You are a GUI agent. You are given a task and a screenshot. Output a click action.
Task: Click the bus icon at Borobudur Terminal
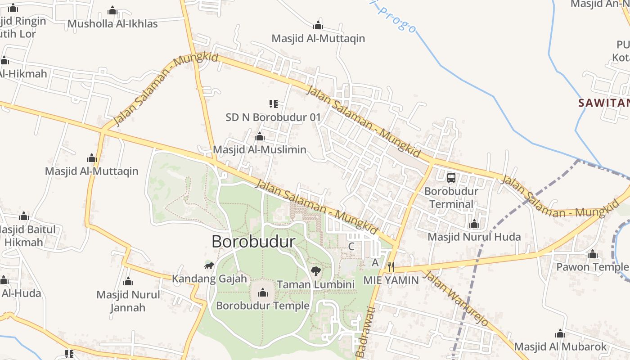pos(451,178)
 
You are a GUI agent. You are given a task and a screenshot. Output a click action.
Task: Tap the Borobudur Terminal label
pos(451,198)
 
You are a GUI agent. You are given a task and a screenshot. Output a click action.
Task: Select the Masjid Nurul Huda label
pos(474,237)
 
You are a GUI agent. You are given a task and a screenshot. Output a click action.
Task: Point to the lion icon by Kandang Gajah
pos(209,265)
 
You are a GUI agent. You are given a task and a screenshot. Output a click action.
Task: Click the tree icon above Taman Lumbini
pos(316,271)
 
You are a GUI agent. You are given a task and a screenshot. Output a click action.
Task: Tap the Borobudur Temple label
pos(263,306)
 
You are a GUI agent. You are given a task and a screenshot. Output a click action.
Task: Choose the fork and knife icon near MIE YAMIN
pos(391,267)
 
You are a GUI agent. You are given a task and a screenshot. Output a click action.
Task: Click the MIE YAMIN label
pos(391,280)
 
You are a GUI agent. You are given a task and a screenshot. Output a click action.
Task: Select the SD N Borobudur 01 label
pos(273,117)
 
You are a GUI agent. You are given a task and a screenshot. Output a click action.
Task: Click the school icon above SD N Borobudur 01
pos(273,104)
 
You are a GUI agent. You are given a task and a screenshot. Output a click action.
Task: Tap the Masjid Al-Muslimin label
pos(260,149)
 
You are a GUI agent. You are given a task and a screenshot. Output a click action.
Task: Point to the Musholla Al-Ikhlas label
pos(112,24)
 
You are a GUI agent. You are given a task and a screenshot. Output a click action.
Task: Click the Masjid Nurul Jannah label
pos(128,301)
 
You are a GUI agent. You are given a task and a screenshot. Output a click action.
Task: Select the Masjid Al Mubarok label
pos(560,347)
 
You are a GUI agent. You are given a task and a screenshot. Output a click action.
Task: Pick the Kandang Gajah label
pos(209,279)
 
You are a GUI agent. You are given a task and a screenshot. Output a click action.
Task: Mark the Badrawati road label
pos(365,332)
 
